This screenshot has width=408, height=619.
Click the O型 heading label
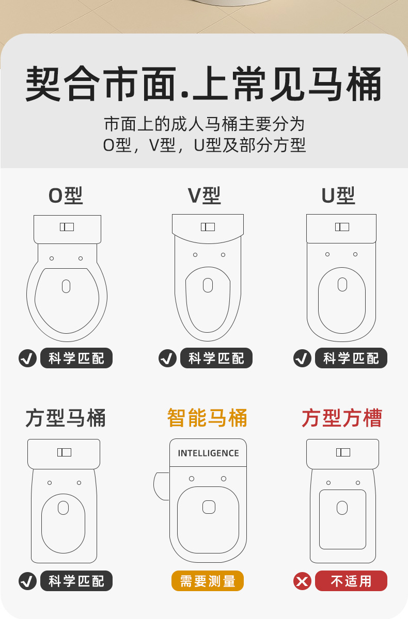(66, 196)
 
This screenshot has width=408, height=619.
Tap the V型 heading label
(204, 196)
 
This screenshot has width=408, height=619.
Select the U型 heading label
(338, 196)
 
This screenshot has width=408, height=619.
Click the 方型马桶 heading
(66, 418)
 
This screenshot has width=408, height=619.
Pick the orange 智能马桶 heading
(207, 418)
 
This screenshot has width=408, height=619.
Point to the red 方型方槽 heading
(342, 418)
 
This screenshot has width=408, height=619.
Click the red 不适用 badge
(351, 581)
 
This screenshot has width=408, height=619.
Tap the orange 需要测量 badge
(208, 581)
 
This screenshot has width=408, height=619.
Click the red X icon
(302, 581)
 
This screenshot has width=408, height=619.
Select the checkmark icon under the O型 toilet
(27, 358)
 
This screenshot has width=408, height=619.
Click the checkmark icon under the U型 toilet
(302, 358)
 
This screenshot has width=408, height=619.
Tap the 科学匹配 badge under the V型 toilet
(216, 358)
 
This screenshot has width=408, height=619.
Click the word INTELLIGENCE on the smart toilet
(208, 453)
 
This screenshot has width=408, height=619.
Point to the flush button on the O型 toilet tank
(67, 227)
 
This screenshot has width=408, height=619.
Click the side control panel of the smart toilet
(162, 486)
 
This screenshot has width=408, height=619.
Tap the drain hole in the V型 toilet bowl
(208, 285)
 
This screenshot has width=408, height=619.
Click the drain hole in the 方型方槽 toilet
(342, 508)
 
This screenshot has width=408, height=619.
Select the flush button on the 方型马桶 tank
(64, 452)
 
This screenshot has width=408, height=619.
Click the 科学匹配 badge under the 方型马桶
(76, 581)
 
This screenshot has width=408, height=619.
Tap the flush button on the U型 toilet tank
(342, 227)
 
